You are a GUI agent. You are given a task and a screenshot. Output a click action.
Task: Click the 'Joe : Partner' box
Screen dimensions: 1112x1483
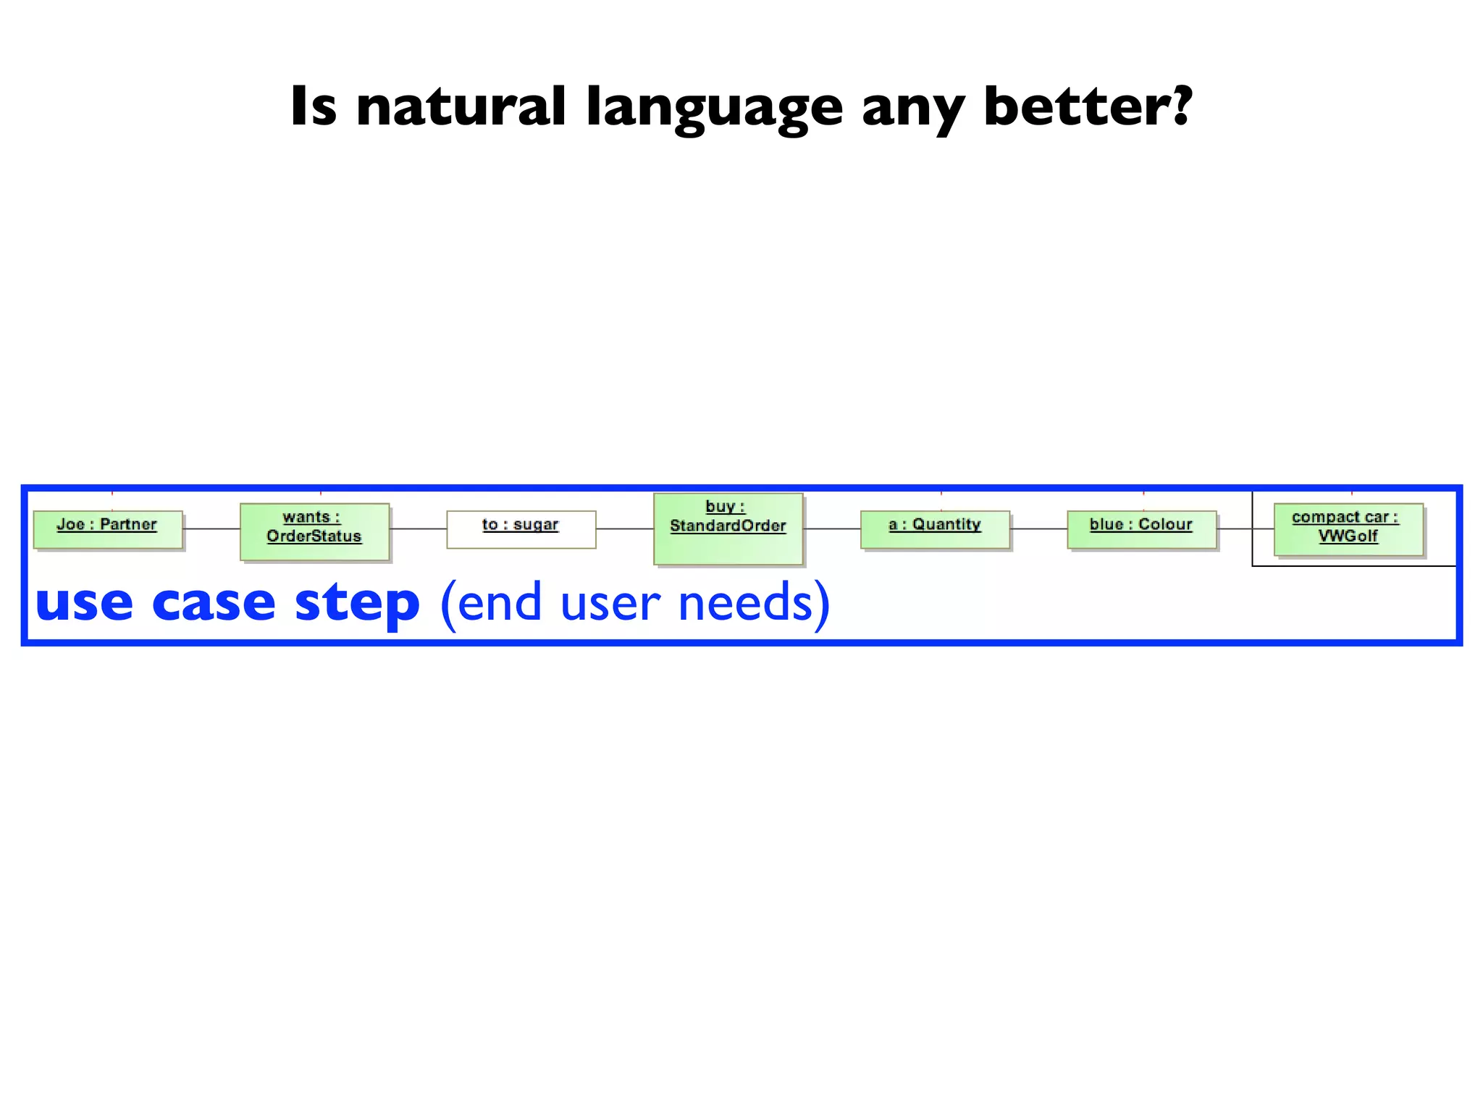coord(108,529)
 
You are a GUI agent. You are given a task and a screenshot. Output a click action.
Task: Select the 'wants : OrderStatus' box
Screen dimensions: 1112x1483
coord(314,531)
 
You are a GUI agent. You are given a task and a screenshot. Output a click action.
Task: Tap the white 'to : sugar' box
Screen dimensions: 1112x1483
coord(521,529)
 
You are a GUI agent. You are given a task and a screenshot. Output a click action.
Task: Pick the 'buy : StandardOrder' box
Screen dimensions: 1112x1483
coord(728,528)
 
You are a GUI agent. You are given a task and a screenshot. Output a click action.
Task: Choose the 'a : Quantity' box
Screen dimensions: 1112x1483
coord(935,529)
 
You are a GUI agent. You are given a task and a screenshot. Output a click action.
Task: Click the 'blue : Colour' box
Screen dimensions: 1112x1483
coord(1141,529)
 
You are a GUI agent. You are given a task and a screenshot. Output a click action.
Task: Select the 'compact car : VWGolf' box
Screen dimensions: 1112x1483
coord(1348,529)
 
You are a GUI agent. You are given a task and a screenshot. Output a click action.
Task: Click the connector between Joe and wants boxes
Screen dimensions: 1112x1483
coord(211,529)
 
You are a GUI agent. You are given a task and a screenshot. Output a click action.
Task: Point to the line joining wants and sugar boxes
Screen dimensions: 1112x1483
coord(418,529)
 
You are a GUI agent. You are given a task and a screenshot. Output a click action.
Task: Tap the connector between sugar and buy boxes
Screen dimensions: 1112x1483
coord(624,529)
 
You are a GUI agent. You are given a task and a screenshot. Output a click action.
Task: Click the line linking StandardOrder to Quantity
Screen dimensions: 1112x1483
coord(832,529)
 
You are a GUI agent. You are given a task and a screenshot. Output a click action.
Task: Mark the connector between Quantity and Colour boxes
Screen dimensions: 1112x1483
coord(1038,529)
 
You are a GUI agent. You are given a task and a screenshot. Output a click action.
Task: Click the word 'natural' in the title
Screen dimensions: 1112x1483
coord(461,106)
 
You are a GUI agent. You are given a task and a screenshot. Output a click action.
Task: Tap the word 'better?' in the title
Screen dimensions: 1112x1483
coord(1087,106)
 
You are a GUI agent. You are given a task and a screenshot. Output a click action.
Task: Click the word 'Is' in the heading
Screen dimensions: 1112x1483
coord(313,106)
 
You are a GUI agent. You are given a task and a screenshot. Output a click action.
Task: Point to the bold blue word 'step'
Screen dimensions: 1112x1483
coord(357,603)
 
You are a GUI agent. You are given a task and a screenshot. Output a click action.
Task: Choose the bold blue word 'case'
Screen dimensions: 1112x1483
coord(214,603)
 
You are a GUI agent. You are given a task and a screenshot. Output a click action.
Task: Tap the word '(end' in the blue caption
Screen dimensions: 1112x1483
coord(490,603)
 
